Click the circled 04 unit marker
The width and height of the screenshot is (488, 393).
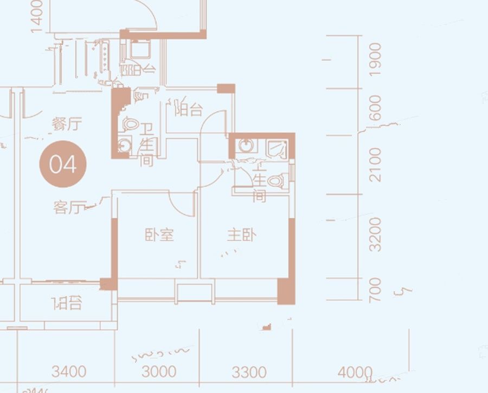pyautogui.click(x=63, y=163)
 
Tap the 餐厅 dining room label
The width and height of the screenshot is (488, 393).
pyautogui.click(x=67, y=125)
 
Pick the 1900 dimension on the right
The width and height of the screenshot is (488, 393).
pyautogui.click(x=375, y=60)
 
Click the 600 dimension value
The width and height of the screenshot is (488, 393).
pyautogui.click(x=375, y=108)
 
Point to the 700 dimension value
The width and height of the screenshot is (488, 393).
pyautogui.click(x=375, y=290)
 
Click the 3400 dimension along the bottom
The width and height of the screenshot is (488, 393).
pyautogui.click(x=69, y=372)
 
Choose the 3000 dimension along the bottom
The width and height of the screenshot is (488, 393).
pyautogui.click(x=158, y=372)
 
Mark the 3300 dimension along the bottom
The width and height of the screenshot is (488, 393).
pyautogui.click(x=249, y=372)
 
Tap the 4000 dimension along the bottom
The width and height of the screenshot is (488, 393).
pyautogui.click(x=355, y=372)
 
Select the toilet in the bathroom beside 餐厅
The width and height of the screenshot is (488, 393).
pyautogui.click(x=129, y=124)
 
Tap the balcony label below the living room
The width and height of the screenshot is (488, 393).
pyautogui.click(x=67, y=304)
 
